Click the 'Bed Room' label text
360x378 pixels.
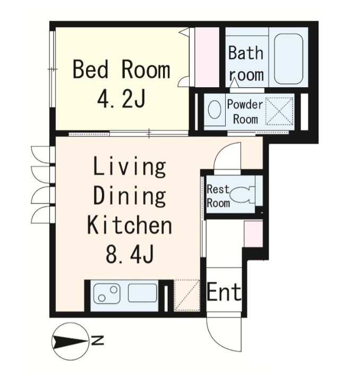[x=122, y=70]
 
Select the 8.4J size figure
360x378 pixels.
[x=130, y=254]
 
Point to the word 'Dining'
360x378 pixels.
[x=130, y=197]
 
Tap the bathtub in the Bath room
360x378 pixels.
[x=288, y=59]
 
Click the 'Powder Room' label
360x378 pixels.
[x=245, y=112]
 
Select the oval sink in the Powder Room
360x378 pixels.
[x=215, y=110]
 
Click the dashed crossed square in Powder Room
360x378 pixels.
[x=279, y=111]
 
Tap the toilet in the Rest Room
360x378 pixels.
[x=243, y=195]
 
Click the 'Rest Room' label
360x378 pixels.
[x=218, y=196]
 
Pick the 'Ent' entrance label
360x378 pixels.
[x=224, y=292]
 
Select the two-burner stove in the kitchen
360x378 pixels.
[x=107, y=293]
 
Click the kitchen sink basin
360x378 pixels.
[x=142, y=293]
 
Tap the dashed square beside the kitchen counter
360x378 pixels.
[x=187, y=295]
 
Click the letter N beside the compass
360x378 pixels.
[x=97, y=340]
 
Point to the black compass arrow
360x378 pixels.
[x=70, y=341]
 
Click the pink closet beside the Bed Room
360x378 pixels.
[x=207, y=57]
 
